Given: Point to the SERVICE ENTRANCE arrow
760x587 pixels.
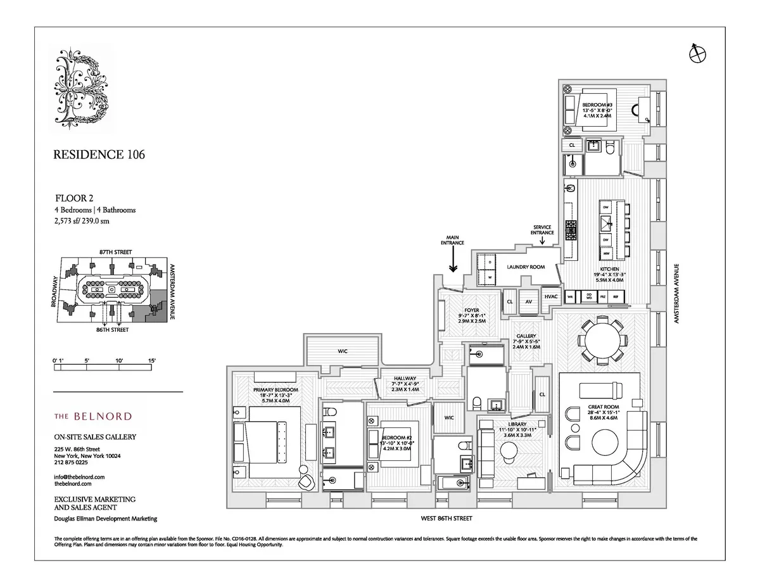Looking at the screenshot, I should pyautogui.click(x=542, y=241).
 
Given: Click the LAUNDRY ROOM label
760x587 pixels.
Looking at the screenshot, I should pyautogui.click(x=526, y=267).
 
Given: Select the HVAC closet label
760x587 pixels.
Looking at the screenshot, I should pyautogui.click(x=550, y=296).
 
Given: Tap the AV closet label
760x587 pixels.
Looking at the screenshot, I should pyautogui.click(x=528, y=301).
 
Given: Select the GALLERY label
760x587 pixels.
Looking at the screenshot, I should pyautogui.click(x=526, y=336).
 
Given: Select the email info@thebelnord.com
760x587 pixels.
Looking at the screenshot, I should pyautogui.click(x=79, y=476).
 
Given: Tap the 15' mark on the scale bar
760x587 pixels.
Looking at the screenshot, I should pyautogui.click(x=151, y=360).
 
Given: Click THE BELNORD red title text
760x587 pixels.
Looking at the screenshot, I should pyautogui.click(x=92, y=416).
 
